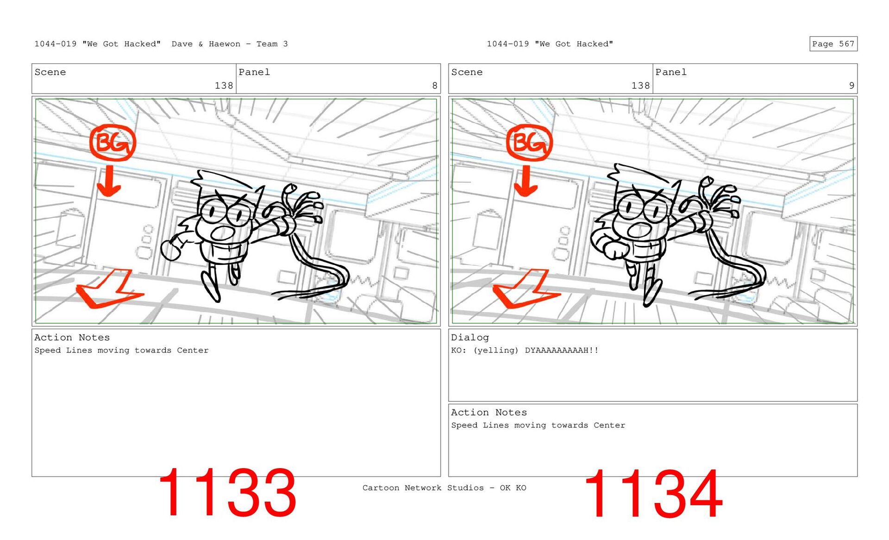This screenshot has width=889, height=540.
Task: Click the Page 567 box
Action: coord(833,44)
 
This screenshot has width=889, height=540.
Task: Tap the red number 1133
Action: coord(227,493)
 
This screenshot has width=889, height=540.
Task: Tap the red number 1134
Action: coord(653,494)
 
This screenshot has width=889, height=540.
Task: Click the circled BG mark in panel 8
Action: coord(113,143)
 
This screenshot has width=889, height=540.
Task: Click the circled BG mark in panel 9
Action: coord(529,143)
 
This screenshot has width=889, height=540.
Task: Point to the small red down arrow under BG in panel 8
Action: coord(109,181)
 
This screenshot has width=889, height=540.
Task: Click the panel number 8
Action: coord(434,86)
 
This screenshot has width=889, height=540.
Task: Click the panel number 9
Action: coord(851,86)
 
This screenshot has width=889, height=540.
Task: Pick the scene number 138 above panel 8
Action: coord(224,86)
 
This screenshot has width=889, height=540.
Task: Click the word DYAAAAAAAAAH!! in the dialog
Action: coord(562,350)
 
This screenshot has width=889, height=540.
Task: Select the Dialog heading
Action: coord(470,338)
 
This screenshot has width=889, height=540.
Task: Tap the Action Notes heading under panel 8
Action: coord(72,338)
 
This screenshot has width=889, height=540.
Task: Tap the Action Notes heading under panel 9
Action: coord(489,413)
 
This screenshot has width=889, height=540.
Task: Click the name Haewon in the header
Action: coord(225,44)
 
